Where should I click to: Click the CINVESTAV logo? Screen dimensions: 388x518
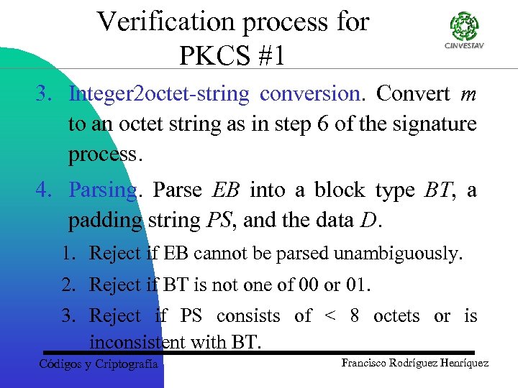(x=465, y=32)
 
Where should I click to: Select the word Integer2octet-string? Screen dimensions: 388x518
(x=159, y=94)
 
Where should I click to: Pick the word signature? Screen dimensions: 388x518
(x=437, y=124)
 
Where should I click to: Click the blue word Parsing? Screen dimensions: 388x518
(x=101, y=190)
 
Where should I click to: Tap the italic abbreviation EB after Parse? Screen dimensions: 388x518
(x=227, y=190)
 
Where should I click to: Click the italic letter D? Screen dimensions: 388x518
(x=367, y=221)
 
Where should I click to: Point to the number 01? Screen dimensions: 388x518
(x=358, y=285)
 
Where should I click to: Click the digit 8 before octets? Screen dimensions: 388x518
(x=355, y=316)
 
